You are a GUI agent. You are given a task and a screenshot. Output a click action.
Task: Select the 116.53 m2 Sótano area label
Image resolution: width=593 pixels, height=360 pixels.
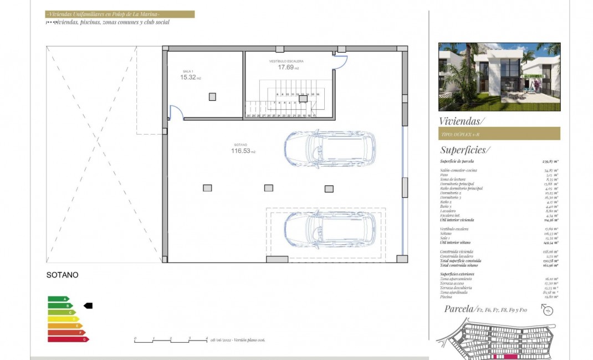[x=244, y=151]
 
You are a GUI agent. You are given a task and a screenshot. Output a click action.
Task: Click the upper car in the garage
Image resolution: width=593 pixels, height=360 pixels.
[x=329, y=148]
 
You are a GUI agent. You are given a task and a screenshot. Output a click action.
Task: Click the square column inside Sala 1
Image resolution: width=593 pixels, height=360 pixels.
[x=212, y=97]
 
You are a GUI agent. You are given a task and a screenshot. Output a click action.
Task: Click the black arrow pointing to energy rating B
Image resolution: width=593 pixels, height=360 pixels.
[x=88, y=305]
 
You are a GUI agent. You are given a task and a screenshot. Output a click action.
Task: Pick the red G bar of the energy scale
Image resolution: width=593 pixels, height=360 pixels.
[x=68, y=339]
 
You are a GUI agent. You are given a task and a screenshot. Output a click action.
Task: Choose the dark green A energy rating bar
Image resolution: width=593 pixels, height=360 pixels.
[x=58, y=299]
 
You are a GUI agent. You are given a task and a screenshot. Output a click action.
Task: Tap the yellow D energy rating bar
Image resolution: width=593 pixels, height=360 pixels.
[x=63, y=319]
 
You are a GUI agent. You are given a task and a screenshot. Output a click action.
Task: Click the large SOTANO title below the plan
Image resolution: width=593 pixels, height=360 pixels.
[x=62, y=275]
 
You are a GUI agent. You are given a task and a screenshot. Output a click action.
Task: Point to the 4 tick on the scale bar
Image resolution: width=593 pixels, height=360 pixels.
[x=207, y=338]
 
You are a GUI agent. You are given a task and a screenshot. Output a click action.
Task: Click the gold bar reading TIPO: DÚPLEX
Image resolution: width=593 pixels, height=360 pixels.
[x=499, y=133]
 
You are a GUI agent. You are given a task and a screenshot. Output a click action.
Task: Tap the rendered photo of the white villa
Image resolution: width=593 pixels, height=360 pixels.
[x=499, y=76]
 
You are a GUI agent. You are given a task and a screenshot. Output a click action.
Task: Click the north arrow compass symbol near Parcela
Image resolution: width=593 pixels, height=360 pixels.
[x=548, y=310]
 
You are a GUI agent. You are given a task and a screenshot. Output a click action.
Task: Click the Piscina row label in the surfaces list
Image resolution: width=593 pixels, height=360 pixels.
[x=447, y=296]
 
